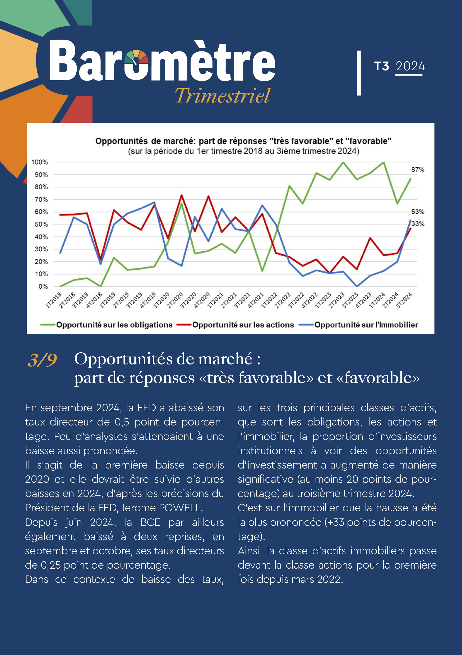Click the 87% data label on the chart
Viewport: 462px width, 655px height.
tap(417, 170)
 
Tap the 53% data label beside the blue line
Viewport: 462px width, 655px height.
tap(417, 212)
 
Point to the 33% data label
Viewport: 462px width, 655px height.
tap(417, 224)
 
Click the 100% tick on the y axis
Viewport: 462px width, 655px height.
tap(39, 162)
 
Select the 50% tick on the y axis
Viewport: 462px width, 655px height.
tap(41, 224)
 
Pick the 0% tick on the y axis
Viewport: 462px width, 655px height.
tap(43, 286)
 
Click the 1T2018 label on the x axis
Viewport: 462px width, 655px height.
tap(53, 300)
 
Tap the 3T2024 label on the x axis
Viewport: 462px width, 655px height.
tap(404, 300)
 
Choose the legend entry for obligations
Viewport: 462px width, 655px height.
tap(107, 325)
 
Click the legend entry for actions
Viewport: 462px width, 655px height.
tap(235, 325)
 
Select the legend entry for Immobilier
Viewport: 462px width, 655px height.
tap(358, 325)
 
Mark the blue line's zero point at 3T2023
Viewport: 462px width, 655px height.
tap(357, 286)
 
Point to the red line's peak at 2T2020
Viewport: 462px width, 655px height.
tap(182, 195)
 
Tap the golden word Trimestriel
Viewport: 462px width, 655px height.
tap(223, 96)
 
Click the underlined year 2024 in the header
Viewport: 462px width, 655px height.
tap(410, 66)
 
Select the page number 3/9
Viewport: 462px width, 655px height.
tap(42, 360)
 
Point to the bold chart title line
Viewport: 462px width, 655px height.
tap(243, 141)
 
